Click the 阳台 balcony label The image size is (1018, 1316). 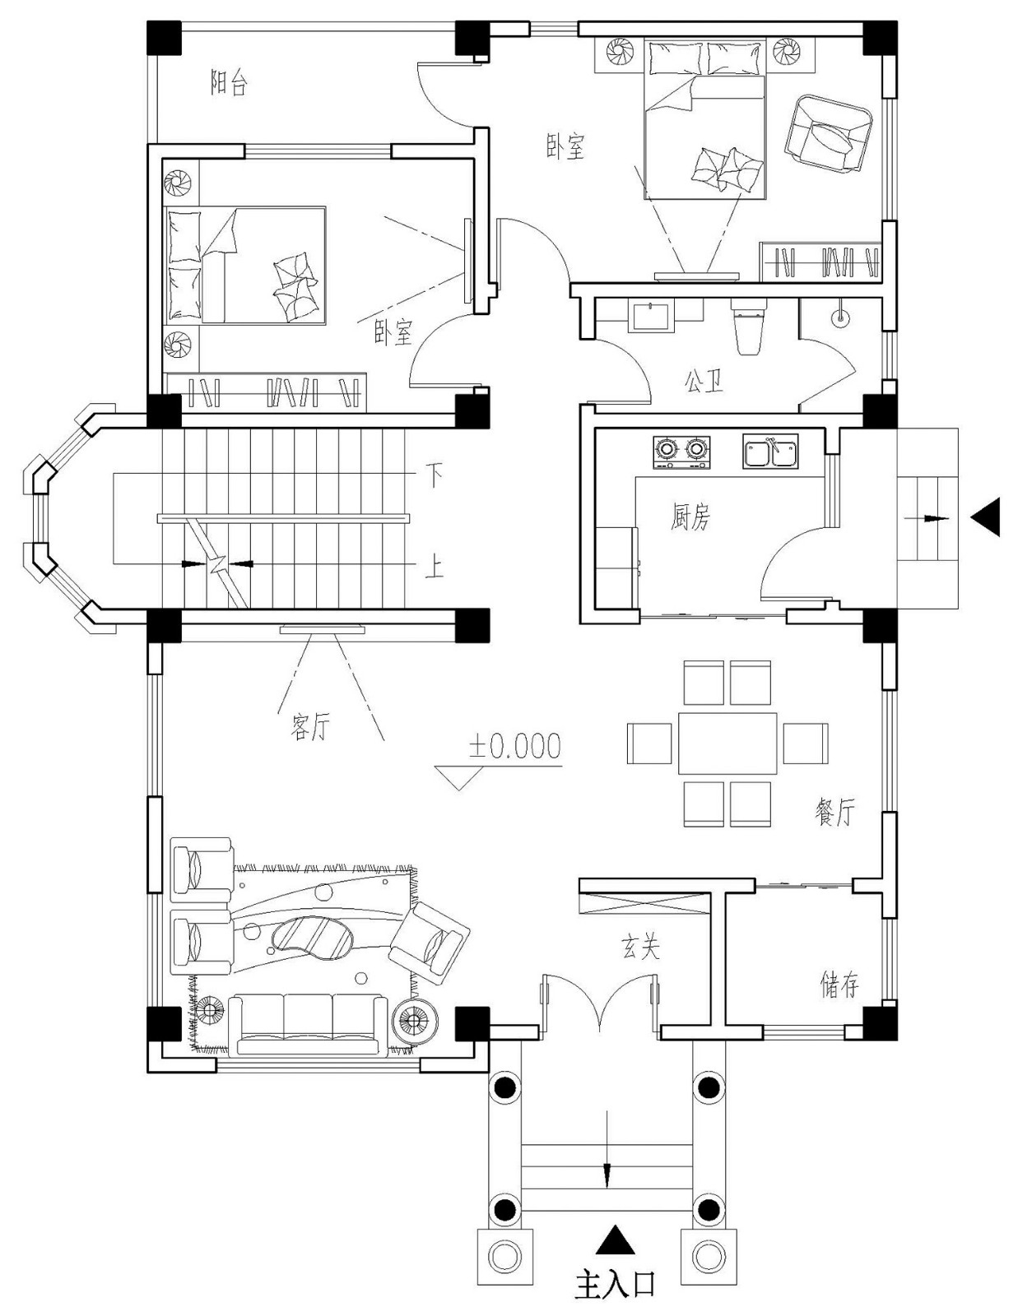click(229, 83)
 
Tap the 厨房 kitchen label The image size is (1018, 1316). click(690, 517)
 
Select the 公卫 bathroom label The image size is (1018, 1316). click(704, 381)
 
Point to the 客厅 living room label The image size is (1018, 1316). click(309, 726)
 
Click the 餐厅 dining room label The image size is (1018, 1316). click(834, 812)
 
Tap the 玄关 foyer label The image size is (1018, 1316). click(640, 948)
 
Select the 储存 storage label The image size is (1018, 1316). click(839, 984)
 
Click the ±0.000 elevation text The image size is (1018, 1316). click(515, 746)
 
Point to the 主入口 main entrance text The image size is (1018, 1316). click(615, 1284)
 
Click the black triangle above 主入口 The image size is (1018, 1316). click(615, 1240)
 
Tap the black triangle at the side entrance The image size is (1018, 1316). click(986, 517)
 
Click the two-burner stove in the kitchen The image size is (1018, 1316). click(681, 452)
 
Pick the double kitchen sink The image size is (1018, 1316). click(769, 452)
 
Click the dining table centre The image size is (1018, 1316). click(727, 743)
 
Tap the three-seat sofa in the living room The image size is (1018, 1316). click(309, 1024)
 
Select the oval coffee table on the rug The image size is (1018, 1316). click(312, 937)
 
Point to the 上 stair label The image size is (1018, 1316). click(434, 567)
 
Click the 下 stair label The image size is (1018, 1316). click(434, 475)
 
